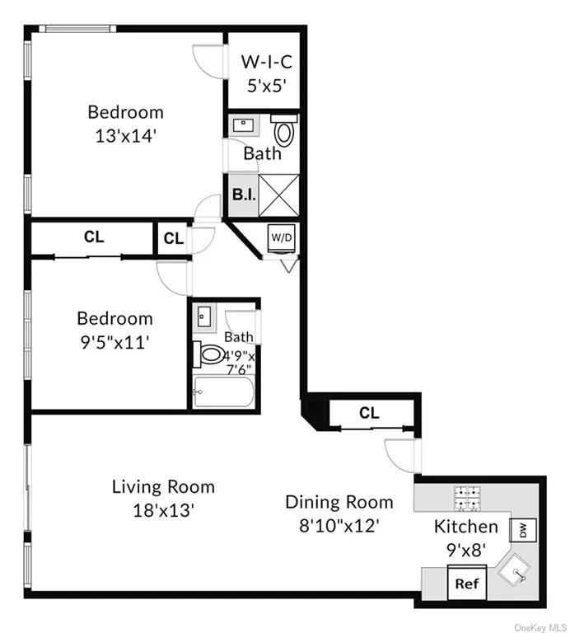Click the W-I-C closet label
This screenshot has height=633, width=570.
point(267,62)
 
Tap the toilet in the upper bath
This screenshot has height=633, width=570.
point(284,129)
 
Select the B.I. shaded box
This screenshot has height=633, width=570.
point(244,195)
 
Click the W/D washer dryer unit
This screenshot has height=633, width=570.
point(282,238)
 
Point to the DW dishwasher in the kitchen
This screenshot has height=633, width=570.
point(523,530)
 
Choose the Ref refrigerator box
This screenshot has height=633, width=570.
point(467,583)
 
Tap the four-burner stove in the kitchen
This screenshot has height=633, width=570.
point(466,499)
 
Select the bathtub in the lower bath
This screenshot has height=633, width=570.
point(224,392)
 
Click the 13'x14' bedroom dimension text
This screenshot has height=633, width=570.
point(125,136)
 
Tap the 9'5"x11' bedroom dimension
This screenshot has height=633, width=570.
point(115,343)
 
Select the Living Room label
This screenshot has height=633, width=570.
point(163,487)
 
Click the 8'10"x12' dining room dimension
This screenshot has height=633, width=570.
point(339,526)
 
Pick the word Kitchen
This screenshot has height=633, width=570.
point(466,527)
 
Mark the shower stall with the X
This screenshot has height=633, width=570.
point(278,195)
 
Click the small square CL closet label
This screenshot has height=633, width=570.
point(174,238)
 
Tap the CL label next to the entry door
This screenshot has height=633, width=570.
point(370,413)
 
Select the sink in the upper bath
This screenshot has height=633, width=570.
point(243,125)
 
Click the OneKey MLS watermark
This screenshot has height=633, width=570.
point(540,627)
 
